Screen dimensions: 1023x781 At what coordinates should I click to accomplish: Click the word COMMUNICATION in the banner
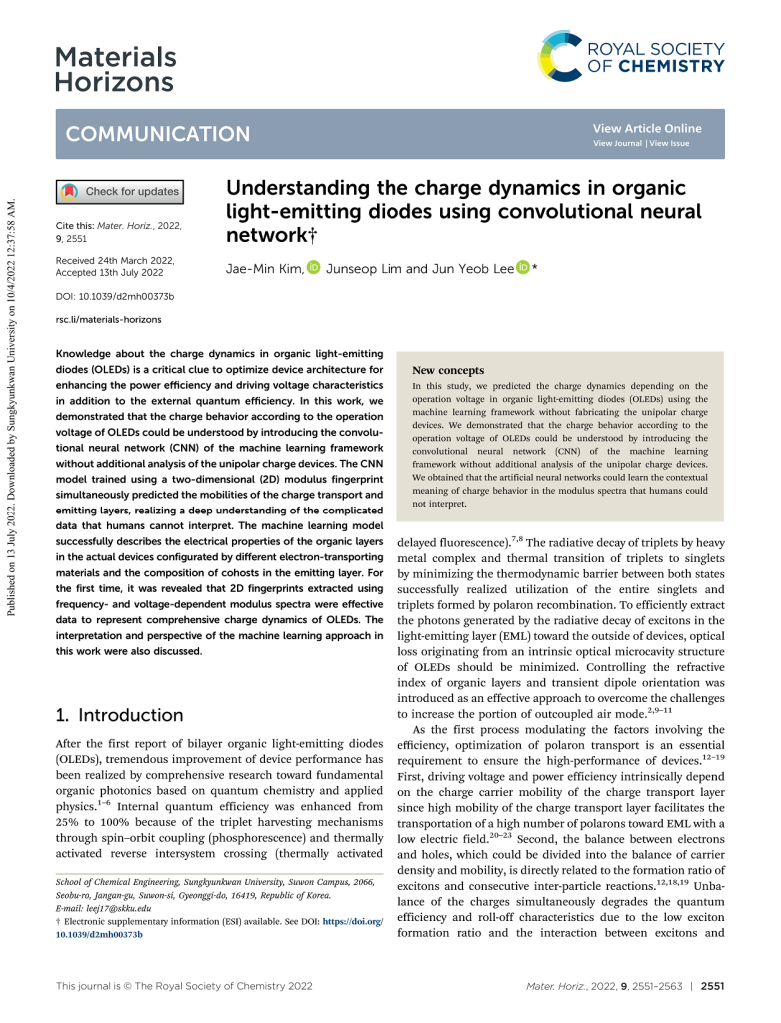coord(157,134)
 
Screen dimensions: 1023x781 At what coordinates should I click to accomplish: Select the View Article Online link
coord(646,128)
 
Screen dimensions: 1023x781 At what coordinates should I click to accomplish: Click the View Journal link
coord(617,144)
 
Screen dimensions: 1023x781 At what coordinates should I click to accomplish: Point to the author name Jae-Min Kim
coord(265,268)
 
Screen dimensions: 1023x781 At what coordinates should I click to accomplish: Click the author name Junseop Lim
coord(364,268)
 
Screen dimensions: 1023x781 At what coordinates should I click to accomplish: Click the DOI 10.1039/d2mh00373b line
coord(115,296)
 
